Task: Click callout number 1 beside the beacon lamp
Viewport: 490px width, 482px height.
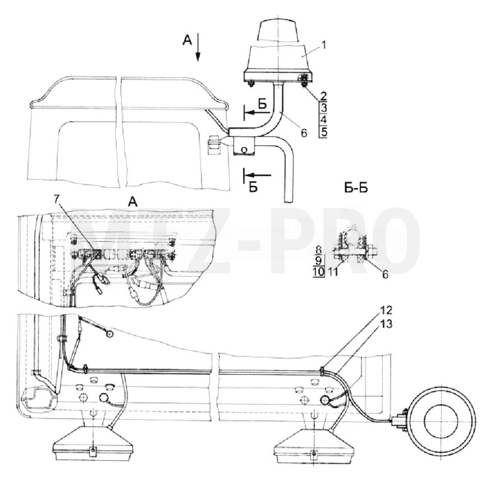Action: [x=324, y=45]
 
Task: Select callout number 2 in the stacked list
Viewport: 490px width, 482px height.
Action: [x=323, y=96]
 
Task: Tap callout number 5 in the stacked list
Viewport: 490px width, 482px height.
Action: [x=324, y=132]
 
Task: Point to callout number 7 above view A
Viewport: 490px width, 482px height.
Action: [x=57, y=199]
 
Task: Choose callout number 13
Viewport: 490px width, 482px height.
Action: [x=386, y=324]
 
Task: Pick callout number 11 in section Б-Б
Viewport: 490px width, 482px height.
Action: [x=333, y=272]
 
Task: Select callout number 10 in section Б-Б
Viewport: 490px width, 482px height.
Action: [x=319, y=272]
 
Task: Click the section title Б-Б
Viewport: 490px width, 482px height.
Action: [x=356, y=188]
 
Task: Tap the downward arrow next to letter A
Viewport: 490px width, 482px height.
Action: [x=198, y=48]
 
